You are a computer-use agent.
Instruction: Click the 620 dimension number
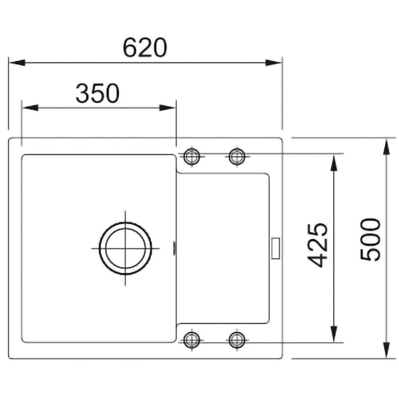145,47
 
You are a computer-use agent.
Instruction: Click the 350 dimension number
98,93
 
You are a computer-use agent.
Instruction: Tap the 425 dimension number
317,245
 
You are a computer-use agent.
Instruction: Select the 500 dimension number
371,239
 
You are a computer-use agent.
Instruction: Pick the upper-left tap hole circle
192,156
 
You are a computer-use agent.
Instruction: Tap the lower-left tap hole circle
192,340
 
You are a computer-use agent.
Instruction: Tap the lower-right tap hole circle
237,340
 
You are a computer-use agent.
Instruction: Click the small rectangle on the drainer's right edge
276,248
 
